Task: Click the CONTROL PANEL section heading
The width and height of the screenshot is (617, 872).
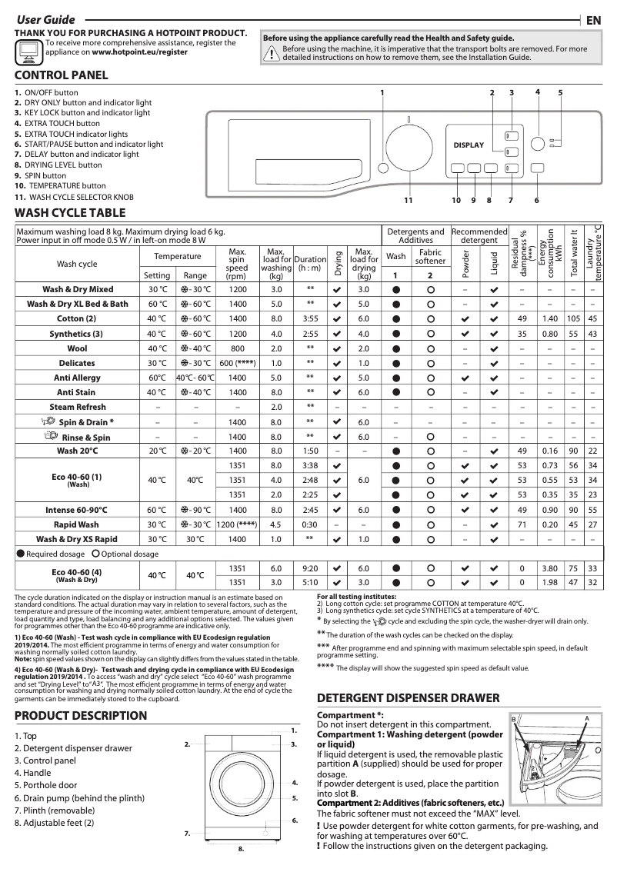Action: pyautogui.click(x=62, y=75)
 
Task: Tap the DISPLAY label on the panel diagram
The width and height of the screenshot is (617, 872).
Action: pyautogui.click(x=469, y=145)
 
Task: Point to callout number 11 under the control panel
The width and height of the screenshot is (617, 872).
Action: pyautogui.click(x=409, y=201)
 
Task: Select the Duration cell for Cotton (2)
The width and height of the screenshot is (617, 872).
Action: pyautogui.click(x=310, y=318)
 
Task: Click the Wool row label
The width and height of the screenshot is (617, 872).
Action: pyautogui.click(x=78, y=348)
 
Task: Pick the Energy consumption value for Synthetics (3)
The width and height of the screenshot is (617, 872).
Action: pyautogui.click(x=550, y=334)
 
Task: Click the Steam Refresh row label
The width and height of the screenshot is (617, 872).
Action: pyautogui.click(x=78, y=407)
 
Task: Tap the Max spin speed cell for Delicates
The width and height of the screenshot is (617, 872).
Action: pyautogui.click(x=237, y=363)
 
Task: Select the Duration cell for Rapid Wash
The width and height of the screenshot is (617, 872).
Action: pyautogui.click(x=310, y=524)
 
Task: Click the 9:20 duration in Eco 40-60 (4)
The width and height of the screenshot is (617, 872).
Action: pyautogui.click(x=310, y=568)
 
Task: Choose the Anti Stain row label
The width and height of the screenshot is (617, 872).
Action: pyautogui.click(x=78, y=392)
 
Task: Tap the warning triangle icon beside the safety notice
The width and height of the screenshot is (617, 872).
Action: pyautogui.click(x=271, y=52)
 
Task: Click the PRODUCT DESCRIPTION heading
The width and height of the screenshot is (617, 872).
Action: pyautogui.click(x=81, y=715)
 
